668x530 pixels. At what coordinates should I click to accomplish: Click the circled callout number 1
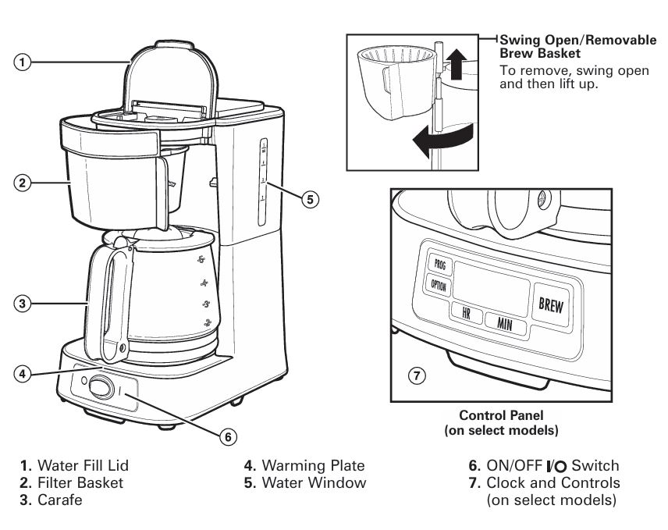[24, 62]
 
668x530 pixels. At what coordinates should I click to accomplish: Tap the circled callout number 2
[24, 183]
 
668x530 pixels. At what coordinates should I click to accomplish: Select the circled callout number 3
[24, 304]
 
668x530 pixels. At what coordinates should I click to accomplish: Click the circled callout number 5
[310, 199]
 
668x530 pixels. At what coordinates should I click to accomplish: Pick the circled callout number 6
[227, 436]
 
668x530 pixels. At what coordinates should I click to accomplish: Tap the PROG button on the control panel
[439, 263]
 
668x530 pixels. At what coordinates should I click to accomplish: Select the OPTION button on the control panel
[439, 286]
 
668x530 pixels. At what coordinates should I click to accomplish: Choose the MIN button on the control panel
[504, 323]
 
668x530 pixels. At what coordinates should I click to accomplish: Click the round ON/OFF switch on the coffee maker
[100, 386]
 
